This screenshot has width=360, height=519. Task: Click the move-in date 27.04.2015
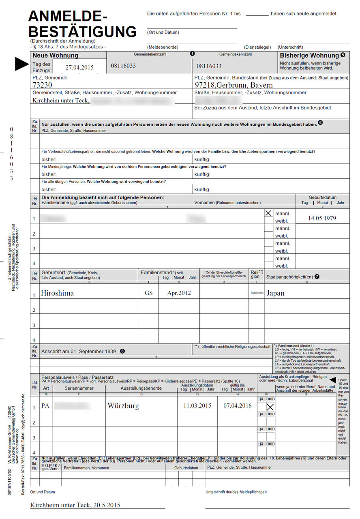pos(79,68)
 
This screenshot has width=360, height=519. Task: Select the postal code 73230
pos(43,85)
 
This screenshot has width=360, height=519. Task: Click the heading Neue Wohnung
pos(55,56)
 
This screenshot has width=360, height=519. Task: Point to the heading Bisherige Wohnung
pos(309,56)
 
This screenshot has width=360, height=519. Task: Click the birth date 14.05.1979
pos(322,218)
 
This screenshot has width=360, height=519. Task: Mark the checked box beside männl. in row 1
pos(268,213)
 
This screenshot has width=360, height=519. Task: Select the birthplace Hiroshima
pos(57,293)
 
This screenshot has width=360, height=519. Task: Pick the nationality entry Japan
pos(275,293)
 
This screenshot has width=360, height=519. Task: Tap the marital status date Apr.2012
pos(179,293)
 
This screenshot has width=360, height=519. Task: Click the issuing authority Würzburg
pos(123,406)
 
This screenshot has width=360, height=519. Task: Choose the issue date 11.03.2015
pos(197,406)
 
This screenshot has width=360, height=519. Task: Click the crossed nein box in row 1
pos(270,407)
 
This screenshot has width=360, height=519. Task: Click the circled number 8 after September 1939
pos(122,351)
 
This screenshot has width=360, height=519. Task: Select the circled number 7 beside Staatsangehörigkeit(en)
pos(317,277)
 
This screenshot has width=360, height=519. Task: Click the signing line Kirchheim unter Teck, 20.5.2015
pos(75,505)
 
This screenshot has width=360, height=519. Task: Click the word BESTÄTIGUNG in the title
pos(83,31)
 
